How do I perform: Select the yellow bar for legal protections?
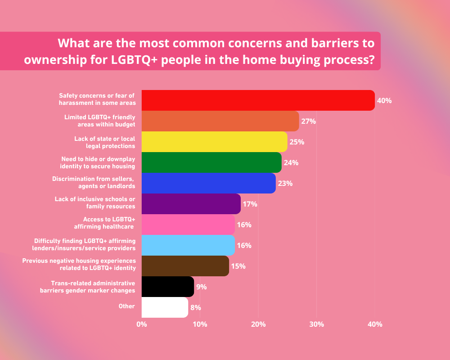[214, 142]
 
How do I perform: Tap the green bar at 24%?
[211, 162]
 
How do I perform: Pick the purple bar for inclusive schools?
[191, 204]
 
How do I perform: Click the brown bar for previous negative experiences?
[185, 266]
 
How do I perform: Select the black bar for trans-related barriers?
[167, 287]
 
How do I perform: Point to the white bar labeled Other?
[165, 307]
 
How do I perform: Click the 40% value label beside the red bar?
[384, 101]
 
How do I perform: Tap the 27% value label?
[309, 121]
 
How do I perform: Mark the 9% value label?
[202, 287]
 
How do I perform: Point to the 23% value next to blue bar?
[285, 184]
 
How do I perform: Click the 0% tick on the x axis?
[142, 324]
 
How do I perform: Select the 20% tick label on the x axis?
[258, 324]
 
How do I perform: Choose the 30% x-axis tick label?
[316, 324]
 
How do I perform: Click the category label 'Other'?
[127, 306]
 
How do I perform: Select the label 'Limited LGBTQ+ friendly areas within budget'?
[99, 120]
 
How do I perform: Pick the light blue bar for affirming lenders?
[188, 245]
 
